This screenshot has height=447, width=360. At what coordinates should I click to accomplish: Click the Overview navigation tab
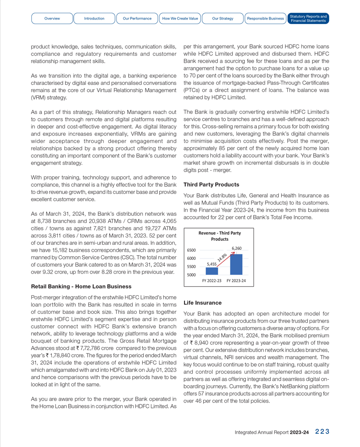click(x=52, y=19)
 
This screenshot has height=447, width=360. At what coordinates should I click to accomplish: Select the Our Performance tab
click(x=137, y=19)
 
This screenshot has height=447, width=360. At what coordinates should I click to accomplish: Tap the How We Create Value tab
click(x=180, y=19)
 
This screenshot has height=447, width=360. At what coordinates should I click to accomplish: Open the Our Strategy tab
click(x=223, y=19)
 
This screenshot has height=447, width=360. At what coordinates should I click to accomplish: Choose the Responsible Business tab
click(x=265, y=19)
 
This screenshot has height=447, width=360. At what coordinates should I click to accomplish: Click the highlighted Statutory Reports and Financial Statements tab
click(x=308, y=19)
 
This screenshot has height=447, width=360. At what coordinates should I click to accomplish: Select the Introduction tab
click(x=94, y=19)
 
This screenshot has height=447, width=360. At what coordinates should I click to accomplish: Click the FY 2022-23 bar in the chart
click(x=212, y=271)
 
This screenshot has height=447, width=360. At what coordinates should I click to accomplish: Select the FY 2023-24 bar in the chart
click(x=236, y=264)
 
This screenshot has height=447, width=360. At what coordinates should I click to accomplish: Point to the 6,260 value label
click(x=236, y=248)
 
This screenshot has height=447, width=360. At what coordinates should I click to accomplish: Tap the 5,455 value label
click(x=212, y=264)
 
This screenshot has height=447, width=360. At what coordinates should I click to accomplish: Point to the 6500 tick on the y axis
click(x=191, y=250)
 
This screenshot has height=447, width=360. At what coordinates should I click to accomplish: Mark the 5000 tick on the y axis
click(x=191, y=275)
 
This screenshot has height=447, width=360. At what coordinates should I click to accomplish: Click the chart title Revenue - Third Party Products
click(x=220, y=236)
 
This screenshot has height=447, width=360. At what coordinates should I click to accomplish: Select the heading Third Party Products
click(x=211, y=185)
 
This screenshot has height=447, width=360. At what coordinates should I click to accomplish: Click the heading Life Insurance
click(x=202, y=303)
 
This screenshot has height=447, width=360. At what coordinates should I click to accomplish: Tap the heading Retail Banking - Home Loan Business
click(x=81, y=287)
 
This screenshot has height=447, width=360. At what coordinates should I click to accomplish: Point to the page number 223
click(x=322, y=432)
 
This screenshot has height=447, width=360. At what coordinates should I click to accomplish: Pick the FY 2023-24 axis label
click(x=236, y=281)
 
